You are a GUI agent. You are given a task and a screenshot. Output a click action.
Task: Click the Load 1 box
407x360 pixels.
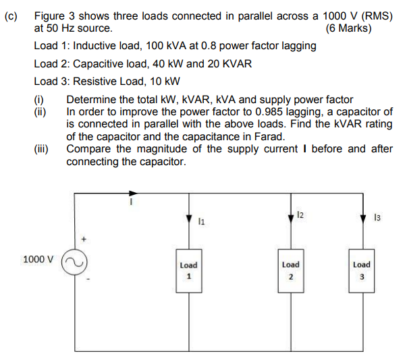[189, 270]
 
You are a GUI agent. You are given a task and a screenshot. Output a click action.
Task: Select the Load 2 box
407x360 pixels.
[290, 270]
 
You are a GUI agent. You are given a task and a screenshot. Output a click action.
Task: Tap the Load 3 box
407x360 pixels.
[361, 270]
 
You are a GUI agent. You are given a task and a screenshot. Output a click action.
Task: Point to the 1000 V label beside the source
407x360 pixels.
[38, 259]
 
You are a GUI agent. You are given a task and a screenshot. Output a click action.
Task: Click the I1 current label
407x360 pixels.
[202, 220]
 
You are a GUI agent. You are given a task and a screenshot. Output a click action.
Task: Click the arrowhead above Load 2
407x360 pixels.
[290, 217]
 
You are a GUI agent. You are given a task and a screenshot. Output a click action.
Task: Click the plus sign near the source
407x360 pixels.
[84, 238]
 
